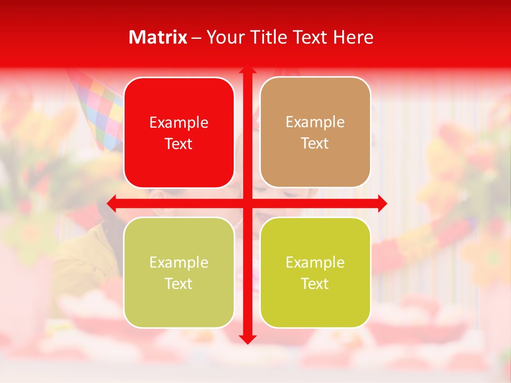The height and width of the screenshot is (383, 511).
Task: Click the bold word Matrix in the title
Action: (x=158, y=37)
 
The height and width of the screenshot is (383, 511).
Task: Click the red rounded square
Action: (x=179, y=132)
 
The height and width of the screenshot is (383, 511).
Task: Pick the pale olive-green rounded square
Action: (x=179, y=272)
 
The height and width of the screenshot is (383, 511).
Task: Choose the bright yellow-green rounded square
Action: (x=315, y=272)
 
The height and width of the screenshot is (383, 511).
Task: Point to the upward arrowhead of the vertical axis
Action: (x=247, y=70)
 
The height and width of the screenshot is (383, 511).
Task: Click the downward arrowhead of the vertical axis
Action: (x=247, y=339)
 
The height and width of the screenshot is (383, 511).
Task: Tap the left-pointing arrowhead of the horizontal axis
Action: (x=112, y=203)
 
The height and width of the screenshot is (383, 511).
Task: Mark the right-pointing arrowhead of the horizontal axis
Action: (x=382, y=203)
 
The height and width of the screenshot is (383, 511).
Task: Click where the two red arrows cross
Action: (x=247, y=203)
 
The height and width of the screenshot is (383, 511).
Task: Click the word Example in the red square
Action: (x=179, y=123)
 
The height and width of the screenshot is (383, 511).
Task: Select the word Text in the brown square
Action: (x=315, y=144)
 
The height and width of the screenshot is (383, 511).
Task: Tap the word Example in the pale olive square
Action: (x=179, y=263)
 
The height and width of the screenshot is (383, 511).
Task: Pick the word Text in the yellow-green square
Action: (x=315, y=284)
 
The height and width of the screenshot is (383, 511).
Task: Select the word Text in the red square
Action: (x=179, y=144)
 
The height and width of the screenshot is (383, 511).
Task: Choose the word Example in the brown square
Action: (x=315, y=122)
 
